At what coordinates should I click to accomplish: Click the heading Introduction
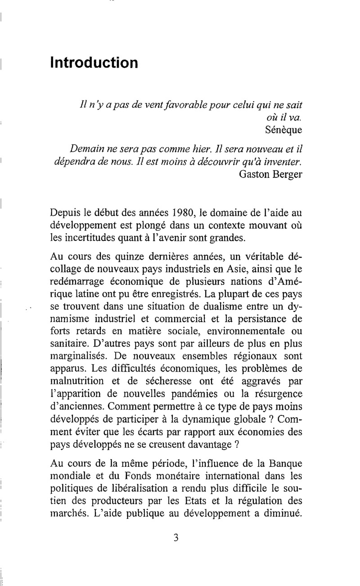[x=94, y=62]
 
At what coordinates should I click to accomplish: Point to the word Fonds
[x=136, y=476]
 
